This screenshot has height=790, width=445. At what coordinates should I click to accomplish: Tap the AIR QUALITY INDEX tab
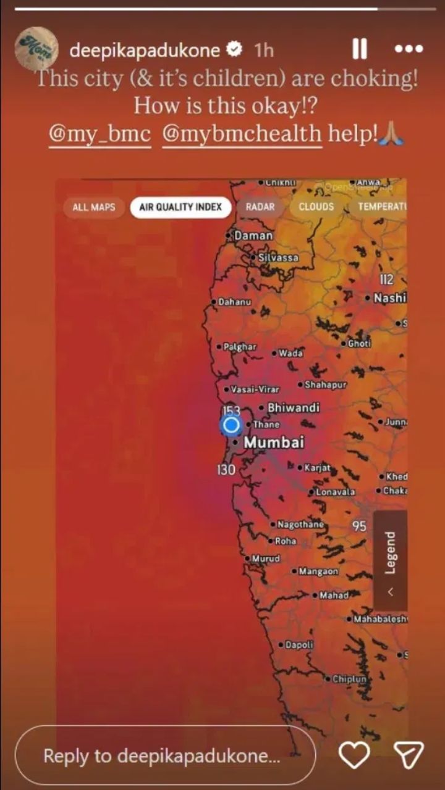pos(180,207)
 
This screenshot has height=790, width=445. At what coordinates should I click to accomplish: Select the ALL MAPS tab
pos(94,207)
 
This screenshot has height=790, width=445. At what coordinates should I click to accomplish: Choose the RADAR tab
pos(260,207)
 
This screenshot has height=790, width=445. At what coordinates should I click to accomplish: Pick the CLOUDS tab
pos(316,207)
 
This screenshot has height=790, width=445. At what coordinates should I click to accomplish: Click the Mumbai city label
pos(274,443)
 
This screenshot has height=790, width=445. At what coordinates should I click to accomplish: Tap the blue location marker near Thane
pos(231,425)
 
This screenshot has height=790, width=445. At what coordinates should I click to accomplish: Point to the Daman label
pos(253,236)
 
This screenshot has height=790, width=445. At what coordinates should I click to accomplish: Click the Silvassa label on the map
pos(278,257)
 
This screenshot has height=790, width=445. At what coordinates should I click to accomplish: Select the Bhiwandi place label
pos(293,408)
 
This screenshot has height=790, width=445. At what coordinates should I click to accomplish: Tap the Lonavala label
pos(335,492)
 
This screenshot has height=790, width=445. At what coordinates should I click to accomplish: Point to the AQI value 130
pos(226,470)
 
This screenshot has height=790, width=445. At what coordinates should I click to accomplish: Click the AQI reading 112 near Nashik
pos(387,280)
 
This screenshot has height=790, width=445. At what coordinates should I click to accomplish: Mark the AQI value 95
pos(360,526)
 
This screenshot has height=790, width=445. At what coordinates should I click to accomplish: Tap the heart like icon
pos(354,755)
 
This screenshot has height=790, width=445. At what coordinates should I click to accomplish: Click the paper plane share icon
pos(409,755)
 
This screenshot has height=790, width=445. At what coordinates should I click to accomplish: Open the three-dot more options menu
pos(409,49)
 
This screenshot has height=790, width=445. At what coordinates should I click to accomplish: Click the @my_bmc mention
pos(100,134)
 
